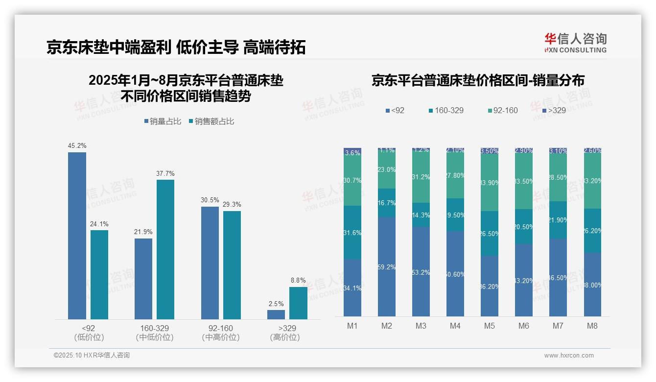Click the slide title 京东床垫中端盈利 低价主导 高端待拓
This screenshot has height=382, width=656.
[176, 48]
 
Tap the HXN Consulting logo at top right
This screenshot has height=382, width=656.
[575, 43]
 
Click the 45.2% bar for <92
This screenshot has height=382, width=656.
[77, 235]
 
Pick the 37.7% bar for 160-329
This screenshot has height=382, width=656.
[165, 249]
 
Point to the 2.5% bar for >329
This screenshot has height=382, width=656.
[276, 314]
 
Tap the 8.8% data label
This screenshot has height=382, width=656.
[298, 281]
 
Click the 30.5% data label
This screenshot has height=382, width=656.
[210, 200]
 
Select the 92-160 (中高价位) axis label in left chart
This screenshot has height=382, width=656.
[221, 333]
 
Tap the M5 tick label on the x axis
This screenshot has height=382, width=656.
[489, 326]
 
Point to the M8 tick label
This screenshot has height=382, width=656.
[592, 326]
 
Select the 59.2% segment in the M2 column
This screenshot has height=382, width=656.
[387, 267]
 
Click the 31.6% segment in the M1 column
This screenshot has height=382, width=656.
[352, 233]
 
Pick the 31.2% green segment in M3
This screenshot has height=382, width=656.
[421, 177]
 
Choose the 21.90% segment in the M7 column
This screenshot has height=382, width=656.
[558, 220]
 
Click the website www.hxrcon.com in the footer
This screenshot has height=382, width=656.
[569, 356]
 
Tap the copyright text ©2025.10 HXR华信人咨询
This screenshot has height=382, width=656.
[92, 355]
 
